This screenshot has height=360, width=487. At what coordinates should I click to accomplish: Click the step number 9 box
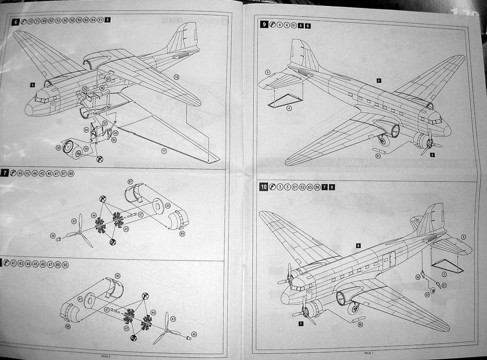pos(264,25)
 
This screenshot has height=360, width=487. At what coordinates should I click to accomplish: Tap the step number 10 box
pos(263,187)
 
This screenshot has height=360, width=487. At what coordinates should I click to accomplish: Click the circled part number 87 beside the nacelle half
pos(131,181)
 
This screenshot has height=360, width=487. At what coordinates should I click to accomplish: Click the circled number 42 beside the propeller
pos(75,221)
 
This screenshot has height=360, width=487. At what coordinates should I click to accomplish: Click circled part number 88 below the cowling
pos(68,325)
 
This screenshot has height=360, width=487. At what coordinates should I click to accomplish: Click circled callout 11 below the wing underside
pos(164,151)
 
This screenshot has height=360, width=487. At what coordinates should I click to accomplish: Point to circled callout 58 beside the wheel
pos(58,147)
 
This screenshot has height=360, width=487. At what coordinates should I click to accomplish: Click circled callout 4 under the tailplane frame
pos(289,108)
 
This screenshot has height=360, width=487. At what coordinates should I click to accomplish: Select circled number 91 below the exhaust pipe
pos(378,156)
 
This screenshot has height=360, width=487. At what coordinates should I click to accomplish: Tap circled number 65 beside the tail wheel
pos(427,295)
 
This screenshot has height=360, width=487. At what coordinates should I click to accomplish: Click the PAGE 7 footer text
pos(368,352)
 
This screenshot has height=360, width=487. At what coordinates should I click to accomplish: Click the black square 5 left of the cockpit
pos(32,85)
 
